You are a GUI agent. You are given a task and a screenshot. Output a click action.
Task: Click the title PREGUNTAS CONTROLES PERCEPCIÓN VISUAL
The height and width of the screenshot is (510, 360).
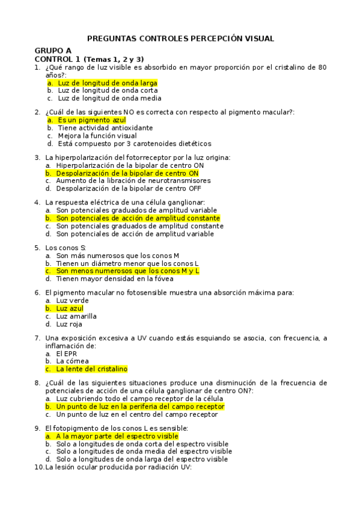pos(180,38)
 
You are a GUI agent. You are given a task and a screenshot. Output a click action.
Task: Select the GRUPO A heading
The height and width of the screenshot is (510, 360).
pos(53,51)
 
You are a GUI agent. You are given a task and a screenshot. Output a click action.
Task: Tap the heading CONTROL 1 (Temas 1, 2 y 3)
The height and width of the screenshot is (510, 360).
pos(89,59)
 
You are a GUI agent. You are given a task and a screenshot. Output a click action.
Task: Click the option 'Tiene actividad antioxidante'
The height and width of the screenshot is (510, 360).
pos(105,127)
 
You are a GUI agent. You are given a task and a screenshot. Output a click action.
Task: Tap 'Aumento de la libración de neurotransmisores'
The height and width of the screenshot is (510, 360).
pos(133,180)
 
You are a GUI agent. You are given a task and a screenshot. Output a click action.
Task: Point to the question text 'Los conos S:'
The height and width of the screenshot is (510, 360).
pos(66,247)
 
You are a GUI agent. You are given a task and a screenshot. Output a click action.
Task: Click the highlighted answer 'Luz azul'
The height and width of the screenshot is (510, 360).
pos(70,308)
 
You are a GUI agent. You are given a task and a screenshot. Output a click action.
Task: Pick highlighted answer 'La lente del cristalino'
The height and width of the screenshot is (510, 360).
pos(92,369)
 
